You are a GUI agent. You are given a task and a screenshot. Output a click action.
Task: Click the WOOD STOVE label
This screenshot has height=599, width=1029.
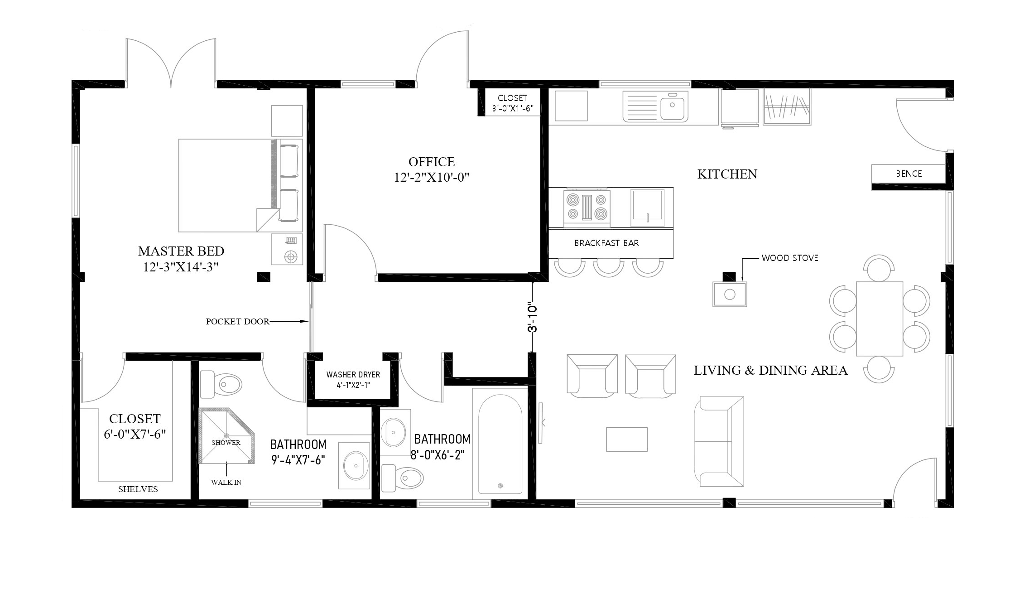[790, 258]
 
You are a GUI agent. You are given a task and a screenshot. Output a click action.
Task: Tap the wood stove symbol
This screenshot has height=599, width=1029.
[730, 294]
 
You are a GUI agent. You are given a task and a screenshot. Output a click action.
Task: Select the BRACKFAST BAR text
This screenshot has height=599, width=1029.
[606, 243]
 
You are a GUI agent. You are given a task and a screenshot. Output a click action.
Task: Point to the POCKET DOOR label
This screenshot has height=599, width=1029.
[237, 322]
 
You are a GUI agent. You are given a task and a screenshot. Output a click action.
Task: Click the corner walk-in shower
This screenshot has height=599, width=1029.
[226, 436]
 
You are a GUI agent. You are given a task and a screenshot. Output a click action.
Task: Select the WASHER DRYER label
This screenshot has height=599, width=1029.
[353, 375]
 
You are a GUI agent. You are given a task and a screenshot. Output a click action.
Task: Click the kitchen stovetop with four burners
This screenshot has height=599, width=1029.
[587, 208]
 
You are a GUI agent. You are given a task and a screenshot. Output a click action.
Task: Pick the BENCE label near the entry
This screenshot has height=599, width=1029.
[909, 174]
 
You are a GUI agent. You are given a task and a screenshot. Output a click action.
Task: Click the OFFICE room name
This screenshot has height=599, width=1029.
[432, 162]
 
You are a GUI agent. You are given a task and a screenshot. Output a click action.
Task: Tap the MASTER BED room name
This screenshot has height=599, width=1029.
[181, 251]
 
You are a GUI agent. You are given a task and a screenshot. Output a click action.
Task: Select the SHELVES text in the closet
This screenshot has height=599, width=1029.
[138, 489]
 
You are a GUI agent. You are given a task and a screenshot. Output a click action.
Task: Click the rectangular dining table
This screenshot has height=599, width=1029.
[880, 319]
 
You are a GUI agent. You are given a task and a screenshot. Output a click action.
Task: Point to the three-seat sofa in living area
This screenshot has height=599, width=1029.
[719, 441]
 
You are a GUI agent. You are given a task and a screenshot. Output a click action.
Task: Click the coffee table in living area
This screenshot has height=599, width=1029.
[627, 439]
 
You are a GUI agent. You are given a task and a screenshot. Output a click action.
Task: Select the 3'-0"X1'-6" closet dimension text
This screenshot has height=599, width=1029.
[513, 109]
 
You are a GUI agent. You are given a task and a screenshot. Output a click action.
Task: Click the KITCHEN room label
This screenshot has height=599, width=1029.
[727, 174]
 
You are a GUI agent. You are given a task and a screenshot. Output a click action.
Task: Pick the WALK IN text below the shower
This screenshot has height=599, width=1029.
[226, 483]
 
